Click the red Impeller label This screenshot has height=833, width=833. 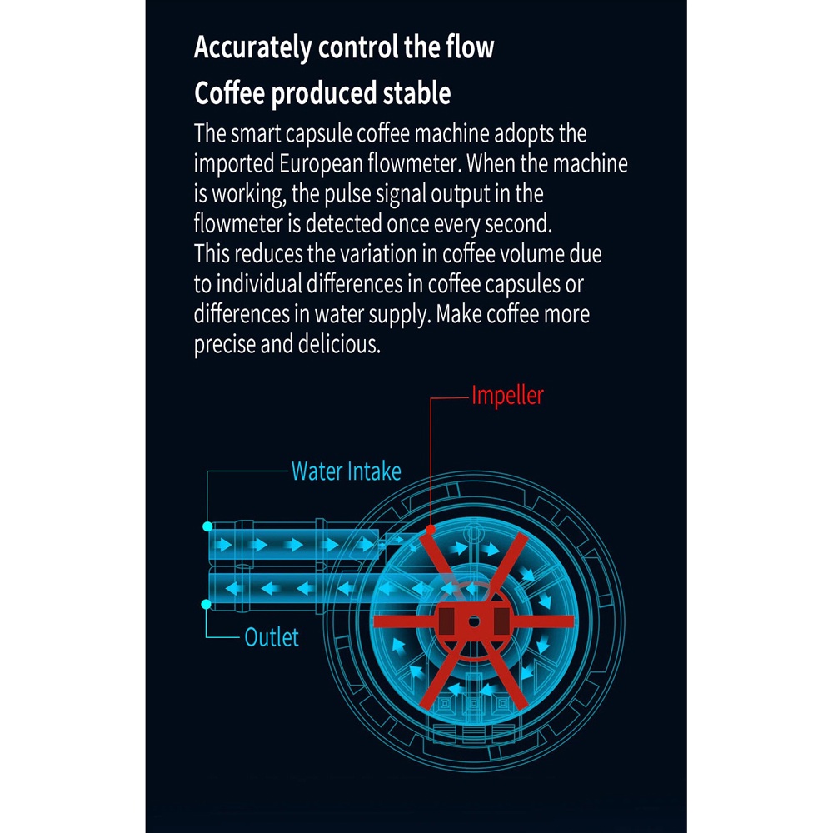pos(507,395)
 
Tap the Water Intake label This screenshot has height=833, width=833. pos(346,471)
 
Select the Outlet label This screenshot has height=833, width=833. pos(272,638)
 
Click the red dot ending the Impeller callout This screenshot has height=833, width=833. pos(431,529)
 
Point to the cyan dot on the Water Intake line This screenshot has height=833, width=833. pos(207,526)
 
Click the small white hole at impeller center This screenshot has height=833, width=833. pos(472,621)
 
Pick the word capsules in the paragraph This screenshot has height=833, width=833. pos(516,284)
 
